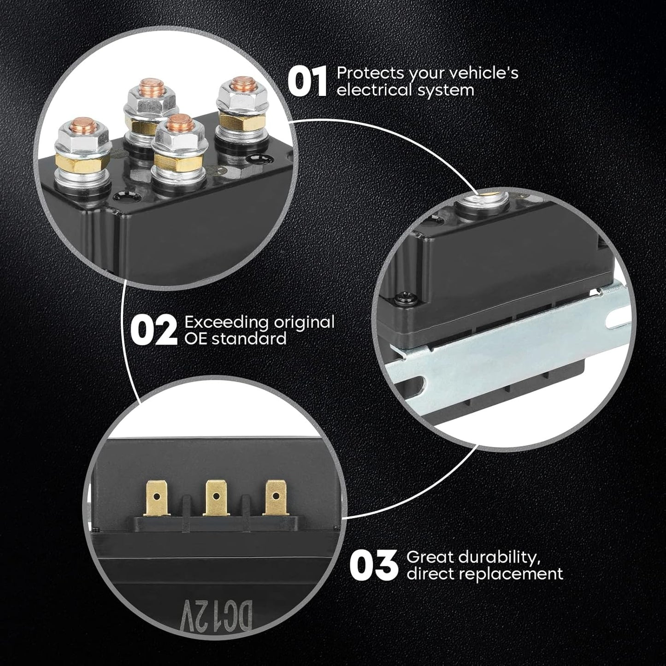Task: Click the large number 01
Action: [307, 82]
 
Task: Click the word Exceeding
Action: [226, 323]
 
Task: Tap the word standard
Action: [249, 338]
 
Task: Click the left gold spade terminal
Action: [157, 498]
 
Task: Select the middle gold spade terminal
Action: [216, 498]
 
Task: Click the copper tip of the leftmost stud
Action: [83, 125]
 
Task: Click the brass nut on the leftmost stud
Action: [82, 162]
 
